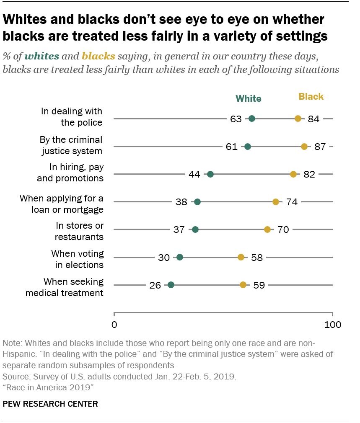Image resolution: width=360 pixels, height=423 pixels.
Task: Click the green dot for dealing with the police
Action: (252, 119)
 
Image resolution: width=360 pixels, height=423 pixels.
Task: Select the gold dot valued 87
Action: (304, 147)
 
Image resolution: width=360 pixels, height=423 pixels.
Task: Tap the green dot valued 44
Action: (210, 174)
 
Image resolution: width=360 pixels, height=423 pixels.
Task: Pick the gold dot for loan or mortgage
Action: (276, 202)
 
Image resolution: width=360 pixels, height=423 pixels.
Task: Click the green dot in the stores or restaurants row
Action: (195, 230)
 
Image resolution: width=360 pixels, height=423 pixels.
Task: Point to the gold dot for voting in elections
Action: (241, 257)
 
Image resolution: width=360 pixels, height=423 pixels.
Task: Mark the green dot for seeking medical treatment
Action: (171, 285)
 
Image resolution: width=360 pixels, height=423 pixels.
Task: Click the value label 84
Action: (313, 119)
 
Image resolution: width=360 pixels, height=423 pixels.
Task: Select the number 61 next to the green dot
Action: (231, 147)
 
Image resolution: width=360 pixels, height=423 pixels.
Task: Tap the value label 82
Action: (309, 175)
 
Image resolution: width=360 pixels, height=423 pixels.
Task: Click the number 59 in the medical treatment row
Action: (259, 285)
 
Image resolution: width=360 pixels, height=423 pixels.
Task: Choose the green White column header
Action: (248, 99)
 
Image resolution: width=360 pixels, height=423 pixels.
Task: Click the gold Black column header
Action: (311, 97)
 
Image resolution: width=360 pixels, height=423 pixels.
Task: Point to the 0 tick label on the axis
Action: (114, 325)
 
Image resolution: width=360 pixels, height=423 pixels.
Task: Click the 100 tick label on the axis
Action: (332, 325)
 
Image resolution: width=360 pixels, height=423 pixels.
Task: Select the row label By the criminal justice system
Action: (71, 145)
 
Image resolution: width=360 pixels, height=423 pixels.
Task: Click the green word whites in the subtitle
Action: (41, 56)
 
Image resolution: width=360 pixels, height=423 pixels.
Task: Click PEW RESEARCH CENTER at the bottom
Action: (50, 404)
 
